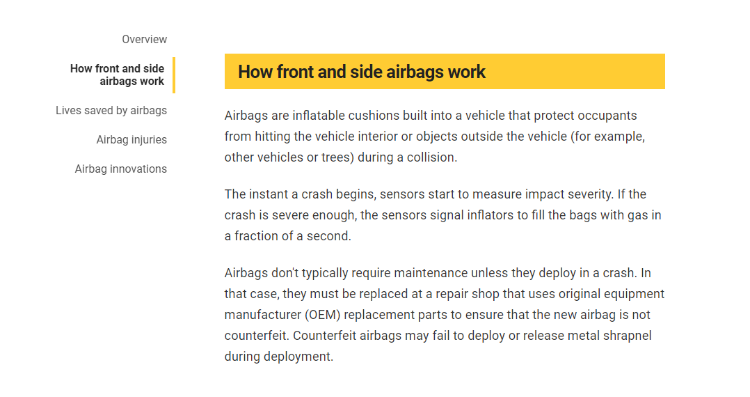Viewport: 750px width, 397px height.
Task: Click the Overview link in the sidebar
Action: tap(145, 39)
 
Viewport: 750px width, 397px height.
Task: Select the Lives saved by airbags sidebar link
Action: tap(111, 111)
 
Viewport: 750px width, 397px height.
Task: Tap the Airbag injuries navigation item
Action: tap(131, 140)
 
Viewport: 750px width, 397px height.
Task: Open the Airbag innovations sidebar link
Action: tap(121, 169)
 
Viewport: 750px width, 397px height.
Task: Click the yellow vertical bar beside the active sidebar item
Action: tap(174, 75)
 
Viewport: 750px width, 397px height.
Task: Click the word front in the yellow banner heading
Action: tap(295, 72)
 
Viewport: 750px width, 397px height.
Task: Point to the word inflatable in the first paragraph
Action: tap(319, 116)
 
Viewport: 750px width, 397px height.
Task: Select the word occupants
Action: tap(607, 116)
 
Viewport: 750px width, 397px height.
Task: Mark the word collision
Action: tap(432, 157)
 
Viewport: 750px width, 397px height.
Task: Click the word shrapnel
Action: tap(628, 336)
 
